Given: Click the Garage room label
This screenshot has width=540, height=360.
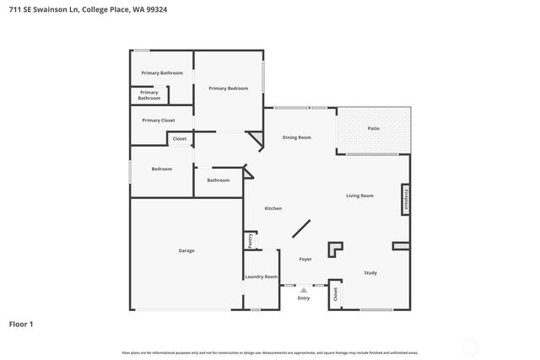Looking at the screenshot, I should tap(186, 250).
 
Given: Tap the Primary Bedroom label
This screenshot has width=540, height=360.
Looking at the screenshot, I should tap(228, 88).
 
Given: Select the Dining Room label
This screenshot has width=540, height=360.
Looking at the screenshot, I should tap(297, 137).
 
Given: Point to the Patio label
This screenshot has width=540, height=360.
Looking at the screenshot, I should tap(374, 128).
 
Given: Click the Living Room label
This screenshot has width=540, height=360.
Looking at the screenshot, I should tap(359, 196).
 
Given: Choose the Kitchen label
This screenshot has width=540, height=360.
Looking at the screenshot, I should tap(273, 208).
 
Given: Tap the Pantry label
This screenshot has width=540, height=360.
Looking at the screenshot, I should tap(251, 241).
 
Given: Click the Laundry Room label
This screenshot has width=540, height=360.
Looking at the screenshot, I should tap(261, 277).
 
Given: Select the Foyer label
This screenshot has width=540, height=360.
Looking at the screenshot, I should tap(305, 259).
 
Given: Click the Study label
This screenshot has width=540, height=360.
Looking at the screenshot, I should tap(370, 272).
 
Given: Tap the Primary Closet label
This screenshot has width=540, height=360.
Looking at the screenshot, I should tap(159, 121).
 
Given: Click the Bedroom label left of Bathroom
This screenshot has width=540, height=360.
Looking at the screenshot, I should tap(162, 169).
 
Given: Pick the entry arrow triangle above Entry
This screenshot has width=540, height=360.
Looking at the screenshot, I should tap(304, 289).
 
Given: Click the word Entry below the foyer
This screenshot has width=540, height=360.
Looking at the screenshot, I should tap(304, 298).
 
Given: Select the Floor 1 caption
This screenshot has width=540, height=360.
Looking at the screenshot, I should tap(21, 324).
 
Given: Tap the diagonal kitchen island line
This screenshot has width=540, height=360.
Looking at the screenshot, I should tap(301, 230).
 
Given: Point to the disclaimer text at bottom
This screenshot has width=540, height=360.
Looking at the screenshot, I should tap(269, 352).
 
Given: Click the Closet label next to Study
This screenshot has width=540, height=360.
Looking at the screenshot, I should tap(335, 293).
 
